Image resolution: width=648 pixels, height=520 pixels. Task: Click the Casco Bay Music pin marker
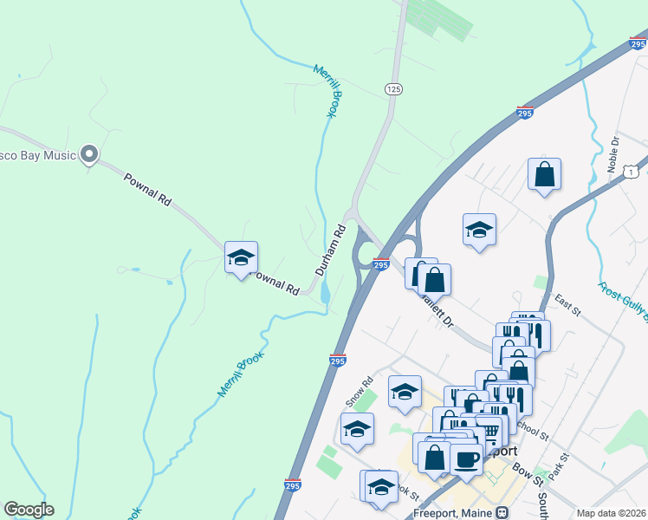88,155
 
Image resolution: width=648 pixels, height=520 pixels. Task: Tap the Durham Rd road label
331,250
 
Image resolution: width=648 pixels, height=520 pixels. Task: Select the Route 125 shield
393,89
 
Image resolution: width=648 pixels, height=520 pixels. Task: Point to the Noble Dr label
614,153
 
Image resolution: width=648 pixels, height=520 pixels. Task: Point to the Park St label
559,467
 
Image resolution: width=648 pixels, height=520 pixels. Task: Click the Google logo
29,510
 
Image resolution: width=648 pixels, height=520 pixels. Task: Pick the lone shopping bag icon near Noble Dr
544,174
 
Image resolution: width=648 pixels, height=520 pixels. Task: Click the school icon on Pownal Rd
241,257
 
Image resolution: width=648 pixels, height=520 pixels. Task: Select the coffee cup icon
466,459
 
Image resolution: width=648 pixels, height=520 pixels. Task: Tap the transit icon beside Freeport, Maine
502,512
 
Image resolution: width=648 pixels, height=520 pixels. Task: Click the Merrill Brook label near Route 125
328,92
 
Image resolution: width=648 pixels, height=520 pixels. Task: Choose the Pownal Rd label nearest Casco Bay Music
147,189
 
